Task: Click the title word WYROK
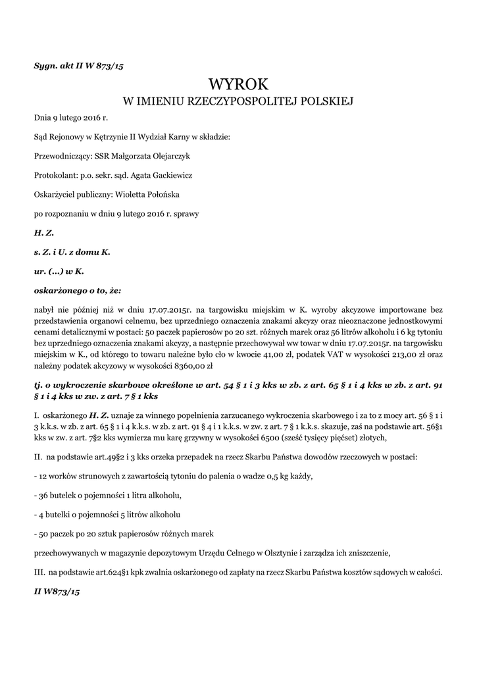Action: [x=238, y=84]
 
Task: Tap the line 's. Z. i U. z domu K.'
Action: [x=72, y=251]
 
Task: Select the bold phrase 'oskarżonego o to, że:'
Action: [x=78, y=290]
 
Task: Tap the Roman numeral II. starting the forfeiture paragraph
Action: [x=38, y=456]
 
